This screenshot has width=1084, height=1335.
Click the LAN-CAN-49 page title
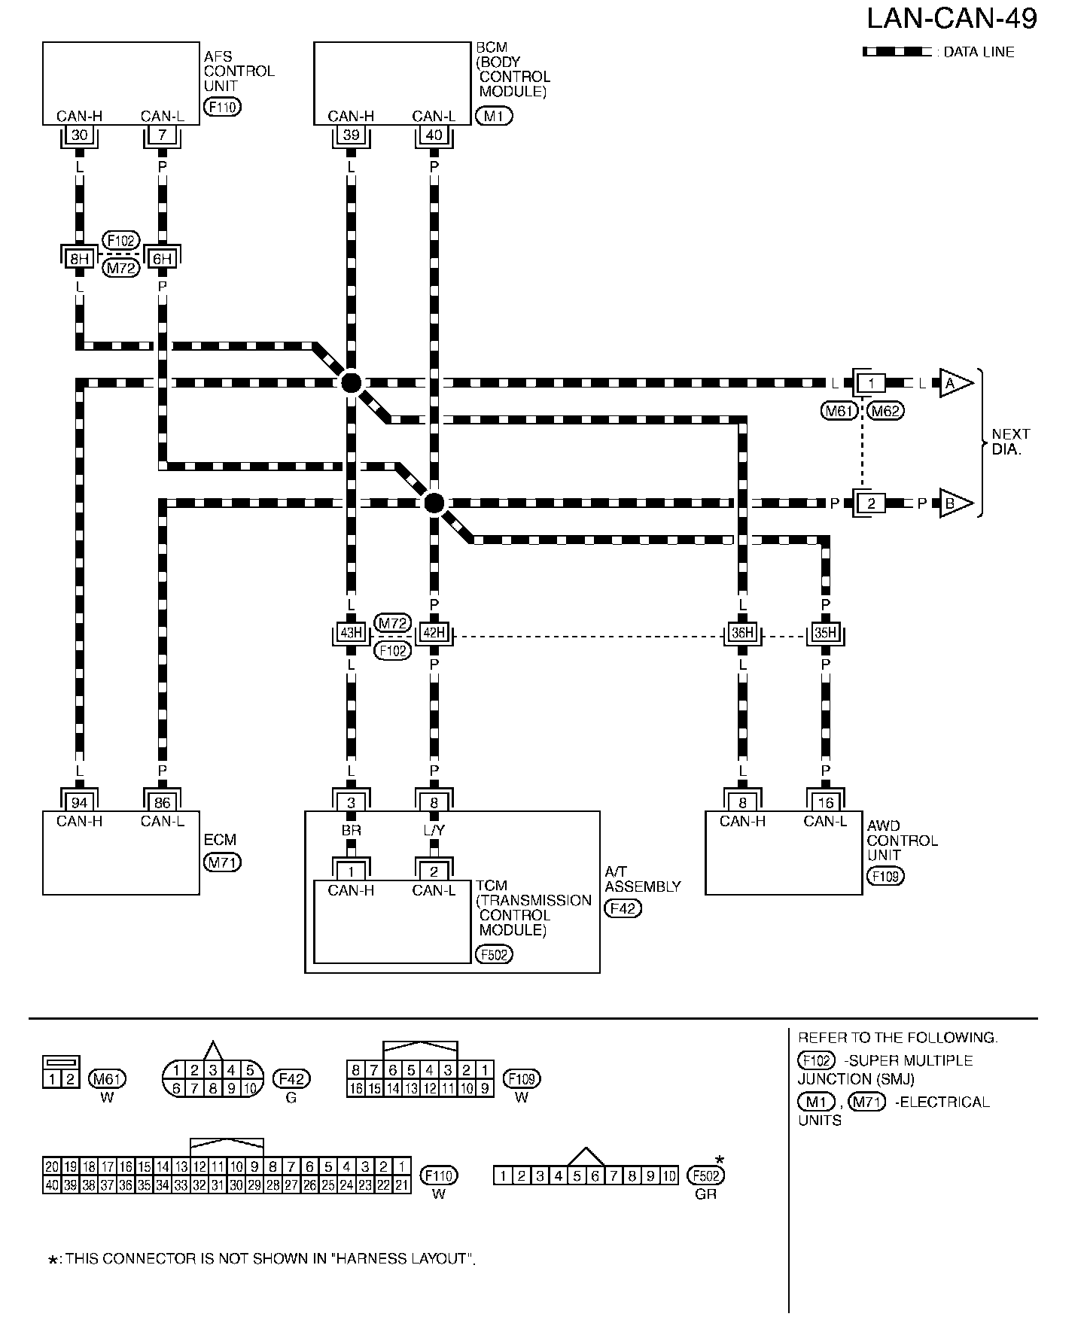click(952, 20)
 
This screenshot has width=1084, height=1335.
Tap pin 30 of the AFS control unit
click(79, 135)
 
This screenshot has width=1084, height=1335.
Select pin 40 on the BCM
click(434, 135)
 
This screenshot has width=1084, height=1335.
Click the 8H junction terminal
click(79, 259)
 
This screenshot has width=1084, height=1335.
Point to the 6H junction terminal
click(162, 259)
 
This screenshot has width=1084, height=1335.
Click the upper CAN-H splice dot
click(351, 383)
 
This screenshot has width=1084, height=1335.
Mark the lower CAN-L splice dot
click(434, 503)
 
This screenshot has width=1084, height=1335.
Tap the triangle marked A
click(953, 383)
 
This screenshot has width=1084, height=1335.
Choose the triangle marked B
click(953, 503)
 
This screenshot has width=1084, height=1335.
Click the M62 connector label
click(885, 411)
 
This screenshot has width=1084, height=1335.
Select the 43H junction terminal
click(351, 633)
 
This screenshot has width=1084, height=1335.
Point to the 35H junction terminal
click(825, 633)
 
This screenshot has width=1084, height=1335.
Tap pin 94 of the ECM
click(79, 802)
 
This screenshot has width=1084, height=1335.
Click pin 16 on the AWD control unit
click(825, 802)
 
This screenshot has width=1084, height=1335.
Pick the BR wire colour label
click(351, 830)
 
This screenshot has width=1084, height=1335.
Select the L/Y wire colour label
click(434, 830)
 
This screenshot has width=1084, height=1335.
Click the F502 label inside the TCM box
click(494, 954)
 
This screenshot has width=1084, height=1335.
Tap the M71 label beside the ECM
click(222, 862)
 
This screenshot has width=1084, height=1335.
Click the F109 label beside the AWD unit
click(885, 876)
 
